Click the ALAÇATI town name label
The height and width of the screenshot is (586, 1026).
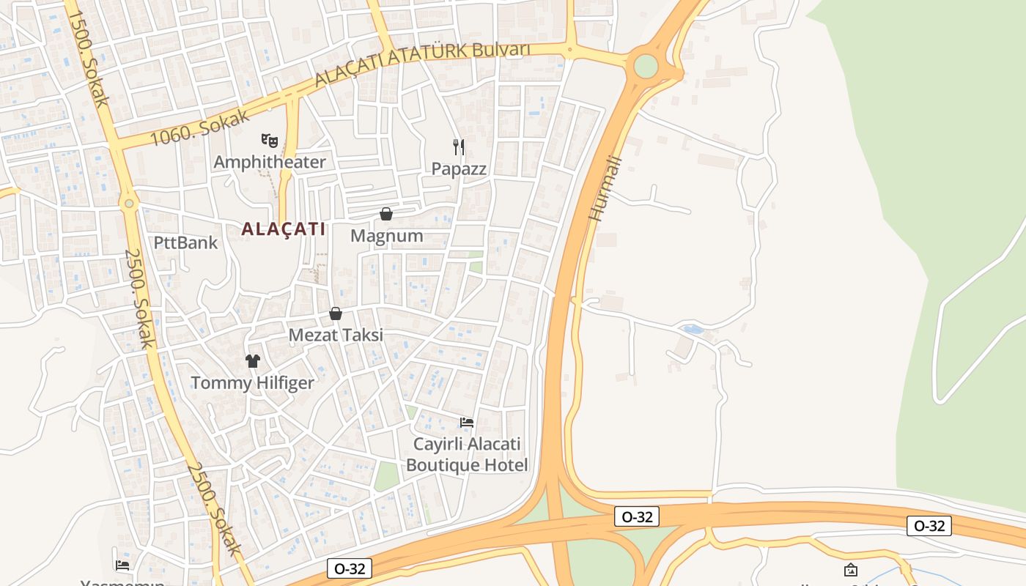pyautogui.click(x=284, y=229)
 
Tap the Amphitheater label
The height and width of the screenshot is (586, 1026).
pyautogui.click(x=269, y=162)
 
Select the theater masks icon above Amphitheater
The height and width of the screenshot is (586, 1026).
pyautogui.click(x=270, y=139)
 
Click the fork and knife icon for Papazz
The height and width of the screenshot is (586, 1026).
pyautogui.click(x=459, y=146)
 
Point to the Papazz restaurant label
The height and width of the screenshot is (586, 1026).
pyautogui.click(x=459, y=168)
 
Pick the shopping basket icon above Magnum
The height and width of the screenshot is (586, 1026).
pyautogui.click(x=386, y=214)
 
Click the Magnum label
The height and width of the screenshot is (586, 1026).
pyautogui.click(x=386, y=236)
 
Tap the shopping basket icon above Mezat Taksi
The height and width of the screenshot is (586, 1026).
pyautogui.click(x=336, y=314)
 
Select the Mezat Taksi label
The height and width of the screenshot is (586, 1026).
pyautogui.click(x=336, y=335)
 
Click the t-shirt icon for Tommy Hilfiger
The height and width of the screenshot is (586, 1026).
pyautogui.click(x=253, y=360)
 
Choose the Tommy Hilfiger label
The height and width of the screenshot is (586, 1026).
pyautogui.click(x=252, y=382)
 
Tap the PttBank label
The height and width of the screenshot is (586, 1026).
pyautogui.click(x=185, y=242)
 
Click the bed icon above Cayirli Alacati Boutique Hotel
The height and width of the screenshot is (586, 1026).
pyautogui.click(x=467, y=422)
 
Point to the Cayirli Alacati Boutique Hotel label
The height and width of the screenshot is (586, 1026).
pyautogui.click(x=467, y=454)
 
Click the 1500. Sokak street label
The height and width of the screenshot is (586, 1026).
pyautogui.click(x=89, y=59)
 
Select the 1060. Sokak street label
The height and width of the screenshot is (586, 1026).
pyautogui.click(x=199, y=127)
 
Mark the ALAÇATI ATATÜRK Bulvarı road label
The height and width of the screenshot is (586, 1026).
pyautogui.click(x=422, y=64)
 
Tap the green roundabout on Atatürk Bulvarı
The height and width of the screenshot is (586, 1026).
pyautogui.click(x=646, y=66)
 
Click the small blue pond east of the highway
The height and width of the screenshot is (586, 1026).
pyautogui.click(x=693, y=330)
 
